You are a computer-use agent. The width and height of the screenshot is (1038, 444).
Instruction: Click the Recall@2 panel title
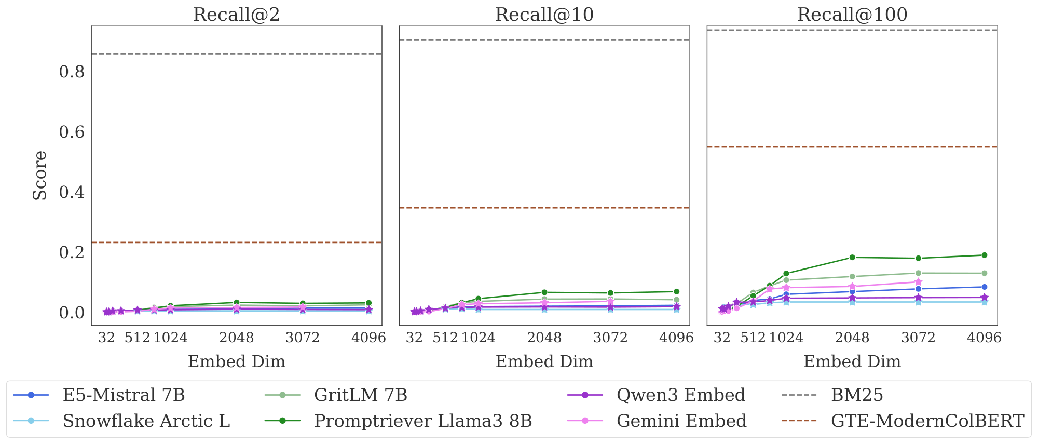tap(236, 14)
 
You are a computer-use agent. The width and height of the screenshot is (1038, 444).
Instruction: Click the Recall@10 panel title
tap(544, 14)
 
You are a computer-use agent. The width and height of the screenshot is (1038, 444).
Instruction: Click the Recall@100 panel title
tap(852, 14)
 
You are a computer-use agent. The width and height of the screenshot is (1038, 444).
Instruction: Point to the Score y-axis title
tap(40, 176)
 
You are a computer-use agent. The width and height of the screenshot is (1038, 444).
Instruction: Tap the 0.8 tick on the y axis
tap(72, 72)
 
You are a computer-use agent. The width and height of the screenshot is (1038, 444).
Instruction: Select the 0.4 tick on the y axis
tap(72, 193)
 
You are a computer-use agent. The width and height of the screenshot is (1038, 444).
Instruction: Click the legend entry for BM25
tap(857, 395)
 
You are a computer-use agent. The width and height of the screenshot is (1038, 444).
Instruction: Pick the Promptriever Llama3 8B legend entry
tap(423, 421)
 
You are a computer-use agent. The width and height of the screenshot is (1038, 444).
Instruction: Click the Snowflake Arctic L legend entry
tap(146, 421)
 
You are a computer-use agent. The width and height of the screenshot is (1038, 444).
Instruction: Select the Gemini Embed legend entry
tap(681, 421)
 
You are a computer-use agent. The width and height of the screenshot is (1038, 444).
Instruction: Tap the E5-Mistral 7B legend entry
tap(124, 395)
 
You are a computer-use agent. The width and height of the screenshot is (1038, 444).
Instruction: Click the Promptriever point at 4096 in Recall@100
tap(984, 255)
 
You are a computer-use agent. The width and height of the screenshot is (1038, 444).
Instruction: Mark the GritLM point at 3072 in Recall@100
tap(918, 273)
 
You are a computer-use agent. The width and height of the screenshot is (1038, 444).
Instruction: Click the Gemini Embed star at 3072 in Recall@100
tap(918, 282)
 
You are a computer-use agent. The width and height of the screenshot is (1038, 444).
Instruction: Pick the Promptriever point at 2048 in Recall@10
tap(544, 292)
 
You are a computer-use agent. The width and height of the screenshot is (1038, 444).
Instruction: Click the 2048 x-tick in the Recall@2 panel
tap(237, 338)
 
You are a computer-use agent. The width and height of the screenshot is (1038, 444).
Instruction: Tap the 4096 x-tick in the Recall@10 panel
tap(676, 338)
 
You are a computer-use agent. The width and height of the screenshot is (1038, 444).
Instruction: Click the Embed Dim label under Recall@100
tap(852, 361)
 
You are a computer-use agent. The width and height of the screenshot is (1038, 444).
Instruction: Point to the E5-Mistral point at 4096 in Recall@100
tap(984, 287)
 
